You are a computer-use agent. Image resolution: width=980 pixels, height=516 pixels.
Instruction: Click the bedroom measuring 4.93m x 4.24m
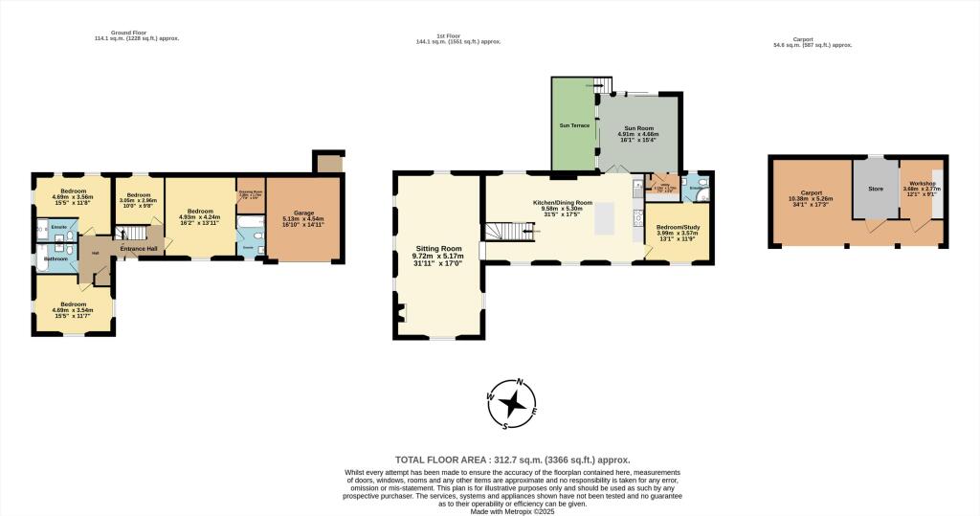[x=200, y=215]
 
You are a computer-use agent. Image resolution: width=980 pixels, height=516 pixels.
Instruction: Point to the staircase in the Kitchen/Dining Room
[x=507, y=232]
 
